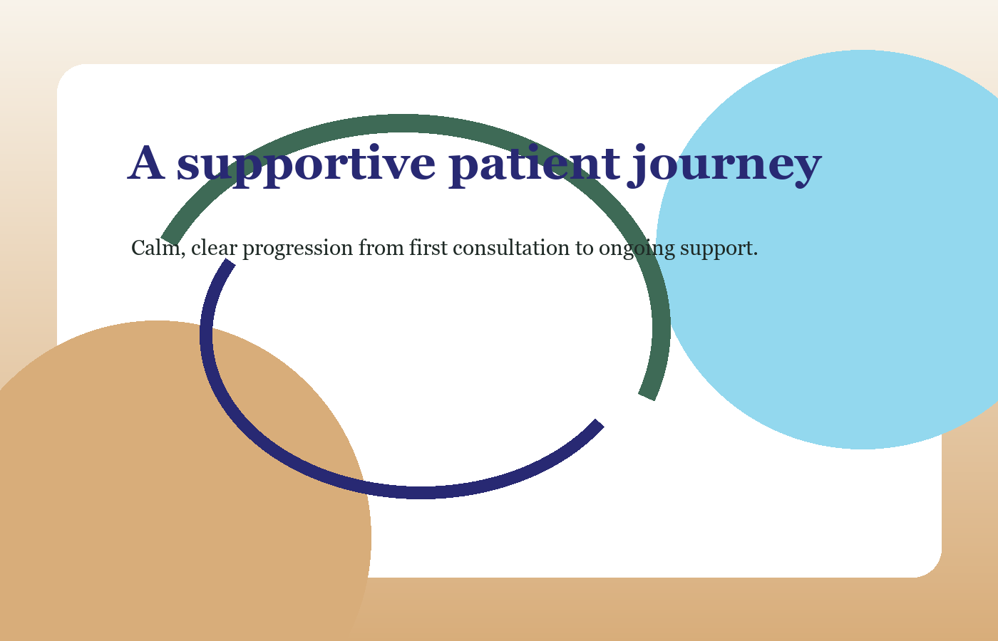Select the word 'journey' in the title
724,165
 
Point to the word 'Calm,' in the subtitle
158,249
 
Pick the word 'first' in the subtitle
428,249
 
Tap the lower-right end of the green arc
647,395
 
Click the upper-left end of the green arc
170,241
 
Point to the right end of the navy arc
599,424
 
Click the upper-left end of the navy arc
229,264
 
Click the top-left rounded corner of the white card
68,75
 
